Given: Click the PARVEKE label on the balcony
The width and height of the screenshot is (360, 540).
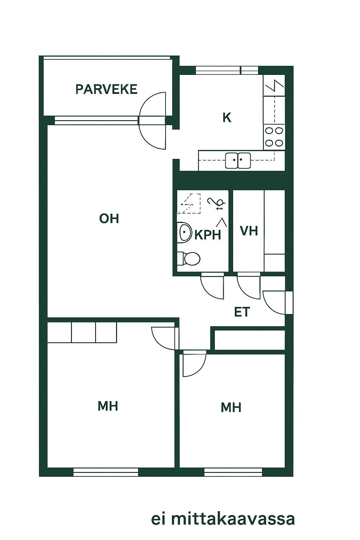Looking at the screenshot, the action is click(x=106, y=89).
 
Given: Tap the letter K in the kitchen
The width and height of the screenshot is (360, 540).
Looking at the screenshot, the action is click(x=227, y=118).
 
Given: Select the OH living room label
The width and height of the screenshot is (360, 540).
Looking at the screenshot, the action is click(x=109, y=219).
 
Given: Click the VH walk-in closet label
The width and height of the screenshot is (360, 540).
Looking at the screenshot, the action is click(x=249, y=231).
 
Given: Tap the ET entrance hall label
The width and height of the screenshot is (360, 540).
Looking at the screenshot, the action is click(x=242, y=312).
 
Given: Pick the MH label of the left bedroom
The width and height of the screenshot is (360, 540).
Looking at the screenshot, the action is click(x=108, y=406).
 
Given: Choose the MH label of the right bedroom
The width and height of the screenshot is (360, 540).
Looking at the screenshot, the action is click(x=231, y=408).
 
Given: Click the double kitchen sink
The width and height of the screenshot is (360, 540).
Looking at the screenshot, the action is click(x=238, y=161).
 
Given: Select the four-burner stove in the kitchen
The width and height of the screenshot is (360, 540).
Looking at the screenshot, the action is click(x=274, y=137).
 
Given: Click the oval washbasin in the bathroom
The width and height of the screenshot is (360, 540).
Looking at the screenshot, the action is click(x=185, y=232).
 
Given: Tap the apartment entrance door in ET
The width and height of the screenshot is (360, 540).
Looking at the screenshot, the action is click(x=268, y=307).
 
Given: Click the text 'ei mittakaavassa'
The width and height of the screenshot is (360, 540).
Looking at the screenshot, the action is click(x=223, y=520).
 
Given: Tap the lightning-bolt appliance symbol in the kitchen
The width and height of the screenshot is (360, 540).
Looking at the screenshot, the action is click(x=275, y=85).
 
